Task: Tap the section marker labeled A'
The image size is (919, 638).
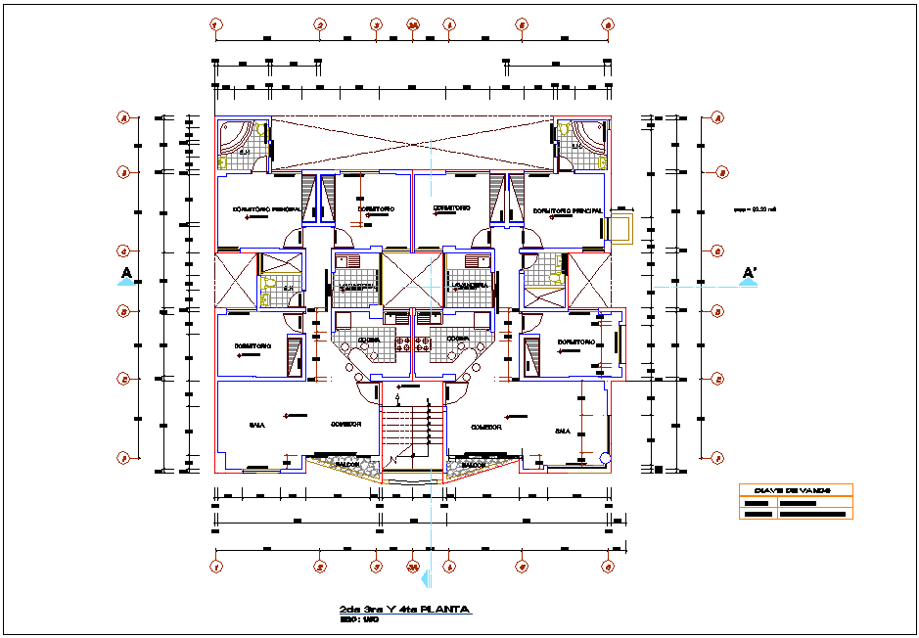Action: [749, 273]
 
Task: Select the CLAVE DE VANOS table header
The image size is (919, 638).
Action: [795, 490]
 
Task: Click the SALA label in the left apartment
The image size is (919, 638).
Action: [256, 426]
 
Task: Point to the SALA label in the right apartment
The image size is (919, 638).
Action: [562, 431]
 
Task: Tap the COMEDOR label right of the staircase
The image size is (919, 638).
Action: [485, 428]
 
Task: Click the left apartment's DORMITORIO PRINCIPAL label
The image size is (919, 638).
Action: [266, 209]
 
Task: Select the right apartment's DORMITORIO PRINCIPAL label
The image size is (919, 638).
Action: [568, 210]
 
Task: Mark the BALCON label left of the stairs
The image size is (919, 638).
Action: [348, 464]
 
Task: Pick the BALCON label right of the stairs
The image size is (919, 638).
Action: [475, 465]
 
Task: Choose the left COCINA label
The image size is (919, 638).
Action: [368, 340]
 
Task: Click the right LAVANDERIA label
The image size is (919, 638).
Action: [469, 287]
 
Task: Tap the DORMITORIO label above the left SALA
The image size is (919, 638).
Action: [252, 346]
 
